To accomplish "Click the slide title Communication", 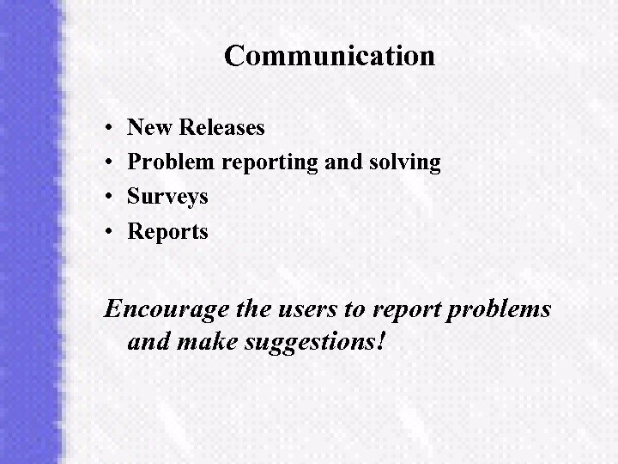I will pos(330,57).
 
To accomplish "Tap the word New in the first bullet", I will pos(151,128).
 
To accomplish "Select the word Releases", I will pos(223,128).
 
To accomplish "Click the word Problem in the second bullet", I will pos(172,162).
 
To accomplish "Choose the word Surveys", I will pos(167,198).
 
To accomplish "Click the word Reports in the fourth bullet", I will pos(167,232).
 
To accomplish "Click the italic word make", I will pos(208,343).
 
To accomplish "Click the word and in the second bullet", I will pos(341,162).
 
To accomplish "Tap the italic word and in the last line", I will pos(148,343).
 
